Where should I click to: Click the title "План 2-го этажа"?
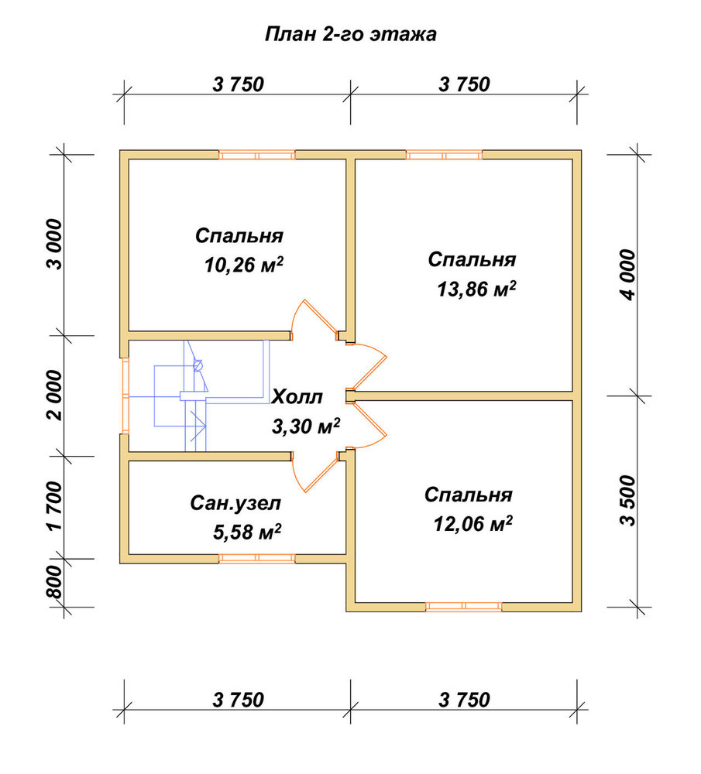(350, 35)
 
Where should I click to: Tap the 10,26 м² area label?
(244, 265)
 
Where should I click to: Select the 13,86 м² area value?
(476, 289)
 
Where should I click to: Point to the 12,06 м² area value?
(472, 524)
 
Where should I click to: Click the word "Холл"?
(297, 397)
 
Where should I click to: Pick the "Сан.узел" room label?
(235, 504)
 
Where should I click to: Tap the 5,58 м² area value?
(247, 532)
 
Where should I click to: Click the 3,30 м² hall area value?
(306, 426)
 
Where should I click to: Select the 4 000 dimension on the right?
(629, 275)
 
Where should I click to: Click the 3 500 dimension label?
(629, 501)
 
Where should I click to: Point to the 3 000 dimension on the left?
(55, 245)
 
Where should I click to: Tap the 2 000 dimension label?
(55, 395)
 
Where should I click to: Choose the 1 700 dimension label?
(55, 506)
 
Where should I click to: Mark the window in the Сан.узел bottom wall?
(257, 558)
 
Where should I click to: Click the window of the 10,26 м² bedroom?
(257, 155)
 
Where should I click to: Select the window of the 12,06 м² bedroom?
(463, 607)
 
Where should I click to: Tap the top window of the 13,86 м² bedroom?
(444, 155)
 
